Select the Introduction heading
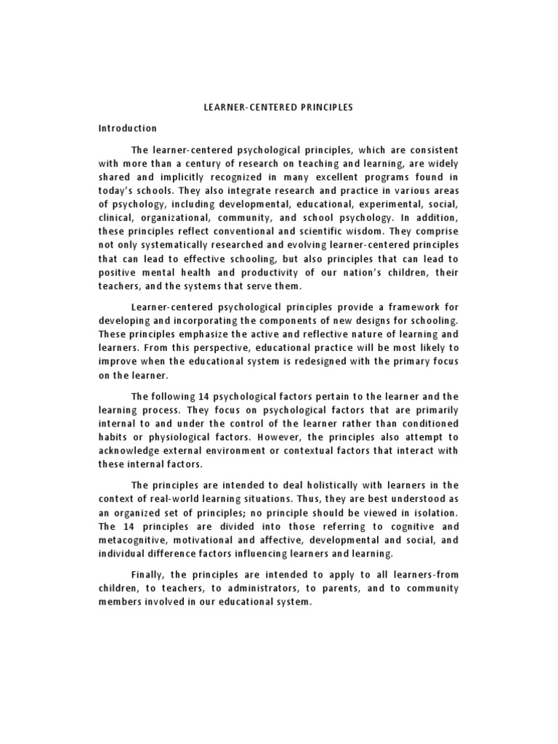[128, 129]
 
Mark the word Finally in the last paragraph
[150, 574]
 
